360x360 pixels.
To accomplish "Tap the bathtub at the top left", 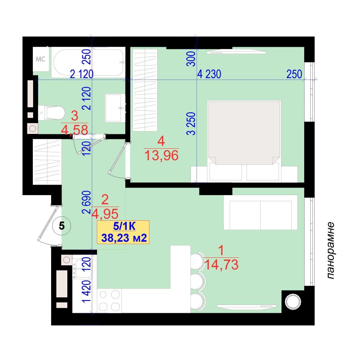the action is click(89, 62).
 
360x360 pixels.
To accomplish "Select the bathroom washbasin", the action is click(113, 108).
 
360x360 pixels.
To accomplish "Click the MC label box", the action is click(41, 59).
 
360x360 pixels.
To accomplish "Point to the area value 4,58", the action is click(75, 130).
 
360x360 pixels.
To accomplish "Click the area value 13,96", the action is click(161, 156).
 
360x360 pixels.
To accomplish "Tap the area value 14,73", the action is click(221, 264).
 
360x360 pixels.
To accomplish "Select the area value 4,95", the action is click(105, 214).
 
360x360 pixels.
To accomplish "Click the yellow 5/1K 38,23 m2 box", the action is click(123, 232).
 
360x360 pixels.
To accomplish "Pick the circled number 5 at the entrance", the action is click(62, 226).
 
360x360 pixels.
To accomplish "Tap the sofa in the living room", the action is click(260, 212).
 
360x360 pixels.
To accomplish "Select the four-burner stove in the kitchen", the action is click(109, 301).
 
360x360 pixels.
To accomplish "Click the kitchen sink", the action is click(82, 268).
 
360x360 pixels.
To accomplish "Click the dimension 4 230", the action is click(209, 74).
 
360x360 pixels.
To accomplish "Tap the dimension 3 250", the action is click(191, 123).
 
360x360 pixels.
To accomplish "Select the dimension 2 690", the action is click(87, 202).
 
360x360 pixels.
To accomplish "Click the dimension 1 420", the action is click(87, 292).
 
